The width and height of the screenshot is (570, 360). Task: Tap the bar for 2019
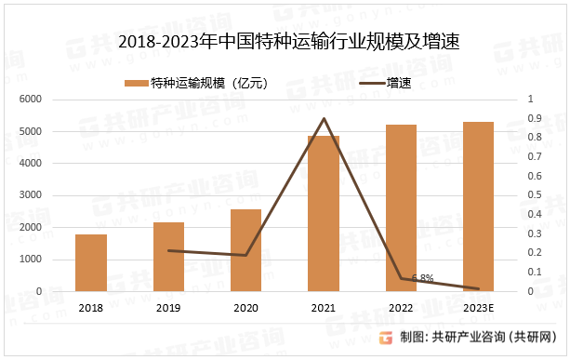pyautogui.click(x=168, y=257)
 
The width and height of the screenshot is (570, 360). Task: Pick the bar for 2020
pyautogui.click(x=245, y=250)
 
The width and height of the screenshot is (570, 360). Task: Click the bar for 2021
pyautogui.click(x=324, y=213)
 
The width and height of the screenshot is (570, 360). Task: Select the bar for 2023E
pyautogui.click(x=478, y=207)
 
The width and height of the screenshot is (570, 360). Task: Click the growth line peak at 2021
pyautogui.click(x=324, y=118)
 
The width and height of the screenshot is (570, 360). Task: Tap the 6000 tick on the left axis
pyautogui.click(x=32, y=100)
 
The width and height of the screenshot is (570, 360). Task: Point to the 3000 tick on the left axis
pyautogui.click(x=32, y=195)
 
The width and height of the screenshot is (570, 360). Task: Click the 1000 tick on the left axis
pyautogui.click(x=32, y=260)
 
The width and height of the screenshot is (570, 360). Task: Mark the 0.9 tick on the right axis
pyautogui.click(x=534, y=118)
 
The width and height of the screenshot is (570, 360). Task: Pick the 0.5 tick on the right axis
pyautogui.click(x=534, y=195)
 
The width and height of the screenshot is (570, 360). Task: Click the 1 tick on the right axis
pyautogui.click(x=530, y=100)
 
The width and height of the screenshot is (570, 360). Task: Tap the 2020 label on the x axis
pyautogui.click(x=245, y=308)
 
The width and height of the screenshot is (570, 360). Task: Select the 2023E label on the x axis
pyautogui.click(x=478, y=308)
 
